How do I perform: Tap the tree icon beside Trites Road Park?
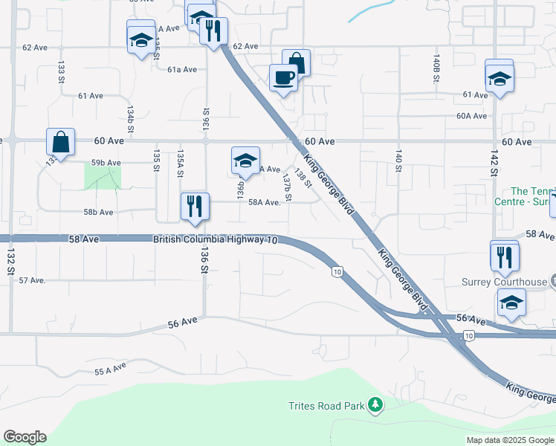377,404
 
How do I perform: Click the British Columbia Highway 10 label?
216,240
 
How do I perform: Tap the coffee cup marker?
283,77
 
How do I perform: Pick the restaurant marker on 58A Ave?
195,206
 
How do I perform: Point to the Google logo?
25,437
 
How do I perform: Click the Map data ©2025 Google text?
509,440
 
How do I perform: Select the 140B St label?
437,62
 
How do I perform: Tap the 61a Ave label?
181,69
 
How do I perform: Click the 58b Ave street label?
98,212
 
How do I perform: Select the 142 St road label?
493,161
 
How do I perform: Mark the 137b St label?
287,187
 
